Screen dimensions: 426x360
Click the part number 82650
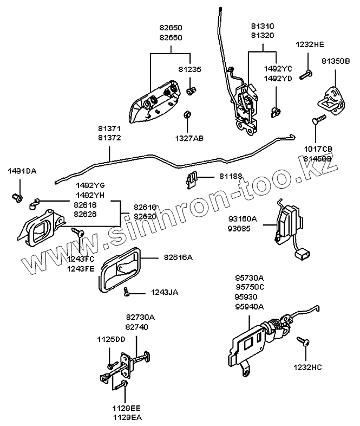click(171, 27)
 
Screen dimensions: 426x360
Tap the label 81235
click(189, 69)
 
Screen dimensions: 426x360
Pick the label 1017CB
click(318, 149)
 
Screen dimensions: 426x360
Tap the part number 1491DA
click(22, 171)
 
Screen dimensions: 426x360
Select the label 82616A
click(179, 258)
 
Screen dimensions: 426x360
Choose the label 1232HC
click(307, 367)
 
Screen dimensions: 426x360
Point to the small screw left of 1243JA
click(126, 291)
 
